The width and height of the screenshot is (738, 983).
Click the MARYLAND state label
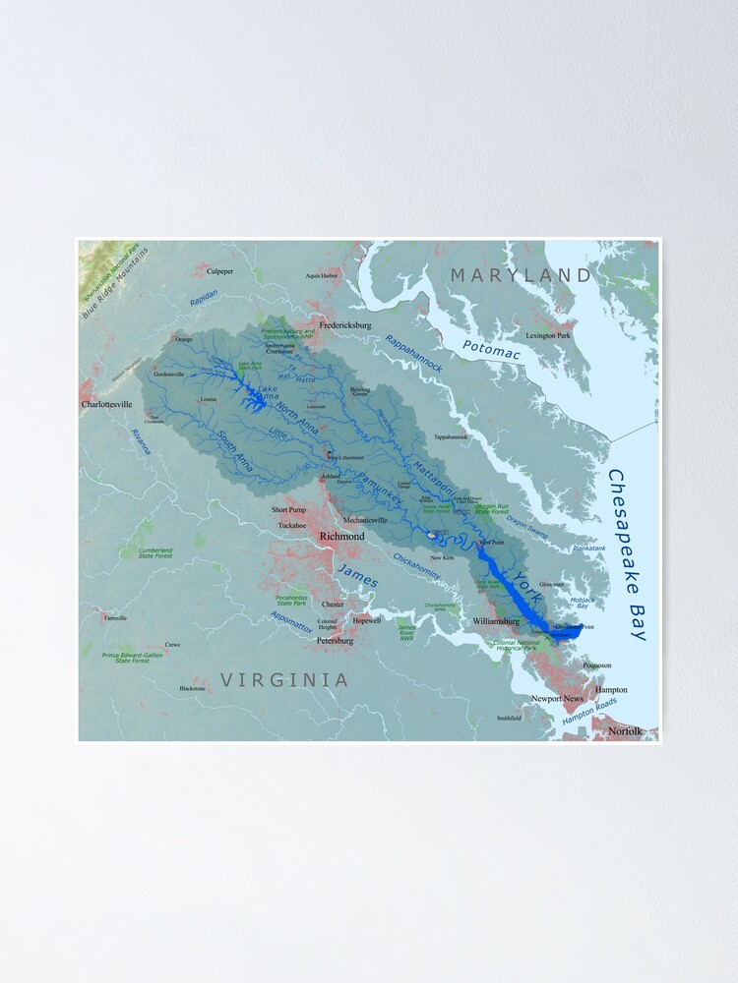[x=522, y=275]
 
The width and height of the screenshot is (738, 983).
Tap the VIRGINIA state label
[x=284, y=679]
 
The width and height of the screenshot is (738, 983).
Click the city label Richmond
[x=342, y=536]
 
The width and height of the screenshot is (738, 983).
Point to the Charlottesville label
[x=106, y=404]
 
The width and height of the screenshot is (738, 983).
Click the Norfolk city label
[x=624, y=730]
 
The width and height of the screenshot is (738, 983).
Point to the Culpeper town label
[x=219, y=270]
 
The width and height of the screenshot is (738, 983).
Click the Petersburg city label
[x=335, y=640]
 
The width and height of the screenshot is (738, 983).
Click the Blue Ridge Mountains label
[x=115, y=283]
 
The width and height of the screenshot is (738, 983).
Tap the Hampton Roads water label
[x=589, y=712]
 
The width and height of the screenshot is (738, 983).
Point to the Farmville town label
[x=114, y=618]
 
